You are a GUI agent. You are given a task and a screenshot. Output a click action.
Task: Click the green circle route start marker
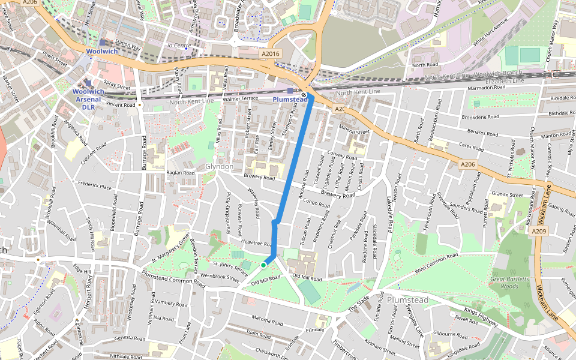pos(263,265)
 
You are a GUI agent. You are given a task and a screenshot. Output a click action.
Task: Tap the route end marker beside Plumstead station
pos(305,95)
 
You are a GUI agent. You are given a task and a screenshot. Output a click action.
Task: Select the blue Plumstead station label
pos(290,99)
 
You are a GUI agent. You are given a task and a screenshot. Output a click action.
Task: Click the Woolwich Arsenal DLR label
pos(88,99)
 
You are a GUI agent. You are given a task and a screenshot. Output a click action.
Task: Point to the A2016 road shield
pos(271,54)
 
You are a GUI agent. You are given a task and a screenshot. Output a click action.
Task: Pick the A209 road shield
pos(538,230)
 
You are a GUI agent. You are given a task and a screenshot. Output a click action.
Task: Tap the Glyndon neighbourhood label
pos(219,166)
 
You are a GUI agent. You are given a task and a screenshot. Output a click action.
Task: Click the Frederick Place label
pos(94,187)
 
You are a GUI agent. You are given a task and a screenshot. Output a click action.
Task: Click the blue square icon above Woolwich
pos(102,43)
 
